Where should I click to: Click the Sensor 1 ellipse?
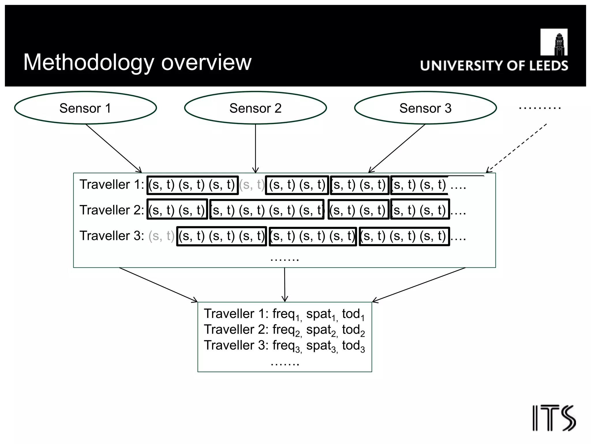point(85,108)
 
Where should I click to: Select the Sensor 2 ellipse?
point(255,108)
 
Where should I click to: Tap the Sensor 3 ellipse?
point(425,108)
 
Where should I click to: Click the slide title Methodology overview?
point(137,62)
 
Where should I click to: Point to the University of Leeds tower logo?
point(554,42)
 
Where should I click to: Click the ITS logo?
point(554,418)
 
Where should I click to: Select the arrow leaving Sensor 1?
point(113,148)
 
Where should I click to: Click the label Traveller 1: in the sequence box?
point(112,184)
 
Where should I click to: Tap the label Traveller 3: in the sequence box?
point(112,236)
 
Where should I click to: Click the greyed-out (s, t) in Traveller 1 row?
point(252,185)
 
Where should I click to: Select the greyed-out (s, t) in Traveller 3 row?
point(161,236)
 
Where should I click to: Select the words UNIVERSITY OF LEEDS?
point(494,66)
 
